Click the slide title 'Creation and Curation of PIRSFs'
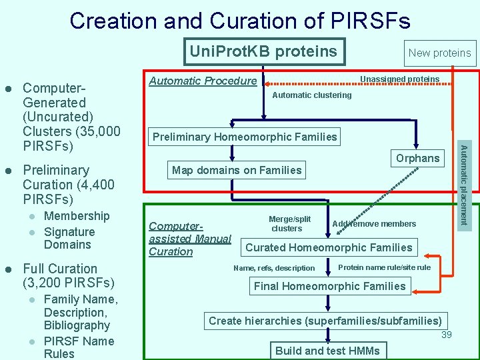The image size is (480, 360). (240, 21)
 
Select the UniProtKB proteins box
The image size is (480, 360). (264, 51)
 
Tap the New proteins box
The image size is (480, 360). (439, 53)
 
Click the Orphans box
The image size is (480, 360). (418, 158)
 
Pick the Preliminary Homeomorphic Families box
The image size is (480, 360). (245, 137)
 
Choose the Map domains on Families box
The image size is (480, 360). (237, 170)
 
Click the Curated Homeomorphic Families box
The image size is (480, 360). (329, 247)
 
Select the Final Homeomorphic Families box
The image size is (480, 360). (329, 286)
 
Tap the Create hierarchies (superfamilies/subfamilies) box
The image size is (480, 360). (325, 321)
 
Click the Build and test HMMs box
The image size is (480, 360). (327, 351)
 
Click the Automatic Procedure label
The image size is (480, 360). (203, 81)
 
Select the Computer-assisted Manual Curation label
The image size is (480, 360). (189, 239)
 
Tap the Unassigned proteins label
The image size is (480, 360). (399, 79)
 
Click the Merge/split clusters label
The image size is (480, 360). (289, 223)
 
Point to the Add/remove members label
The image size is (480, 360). (374, 224)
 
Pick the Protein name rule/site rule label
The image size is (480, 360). (385, 267)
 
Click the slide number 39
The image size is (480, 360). (446, 335)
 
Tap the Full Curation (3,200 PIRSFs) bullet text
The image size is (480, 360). (69, 275)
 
